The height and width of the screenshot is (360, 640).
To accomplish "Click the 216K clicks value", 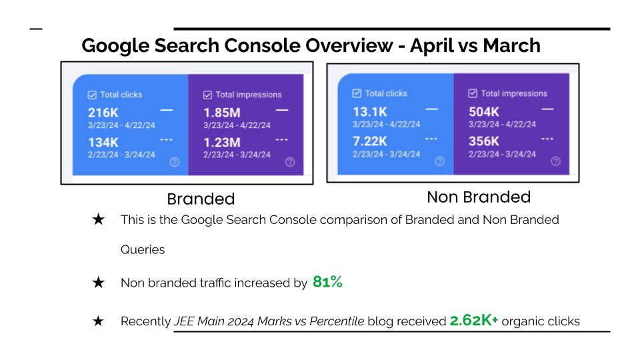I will coord(103,113).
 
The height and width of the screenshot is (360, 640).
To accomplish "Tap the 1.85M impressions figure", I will coord(221,113).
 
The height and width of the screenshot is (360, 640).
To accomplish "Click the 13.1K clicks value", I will coord(369,111).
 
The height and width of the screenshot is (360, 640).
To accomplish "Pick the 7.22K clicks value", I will coord(371,141).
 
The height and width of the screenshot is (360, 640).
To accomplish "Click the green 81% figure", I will coord(327,282).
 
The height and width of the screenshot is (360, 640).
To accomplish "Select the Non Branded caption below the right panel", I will coord(479,197).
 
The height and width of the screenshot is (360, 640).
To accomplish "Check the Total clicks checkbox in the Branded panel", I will coord(93,95).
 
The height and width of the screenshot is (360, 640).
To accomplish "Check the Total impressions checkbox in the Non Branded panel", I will coord(473,93).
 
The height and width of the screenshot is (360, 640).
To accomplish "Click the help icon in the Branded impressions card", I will coord(289,162).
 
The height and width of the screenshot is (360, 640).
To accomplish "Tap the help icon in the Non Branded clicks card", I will coord(439,161).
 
